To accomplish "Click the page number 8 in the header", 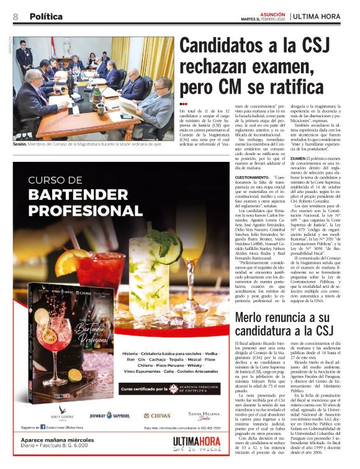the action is click(x=15, y=17).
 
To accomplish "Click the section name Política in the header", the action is click(x=46, y=17).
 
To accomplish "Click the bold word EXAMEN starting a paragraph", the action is click(x=299, y=158).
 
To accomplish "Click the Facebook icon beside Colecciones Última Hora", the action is click(x=42, y=445).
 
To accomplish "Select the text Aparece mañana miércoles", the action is click(x=51, y=456).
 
